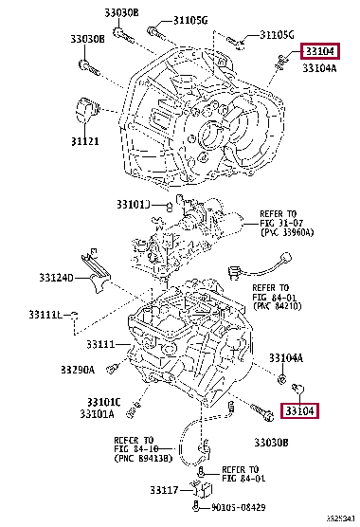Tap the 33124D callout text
coord(57,278)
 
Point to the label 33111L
coord(45,314)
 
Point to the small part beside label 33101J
coord(168,205)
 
